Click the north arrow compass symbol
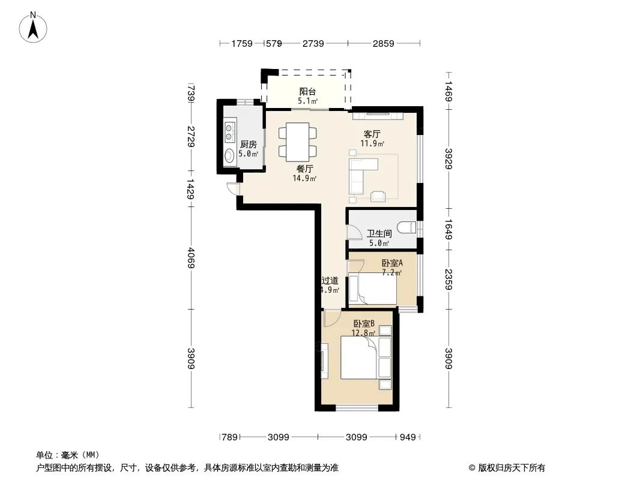pos(33,28)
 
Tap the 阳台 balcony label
pos(307,91)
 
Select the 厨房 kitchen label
pos(248,144)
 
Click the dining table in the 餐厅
pos(298,142)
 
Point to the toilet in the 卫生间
pos(406,227)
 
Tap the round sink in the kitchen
pos(229,155)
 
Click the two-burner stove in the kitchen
pos(230,131)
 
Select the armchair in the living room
pos(378,196)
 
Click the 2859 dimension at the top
pos(383,43)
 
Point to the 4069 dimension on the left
pos(191,258)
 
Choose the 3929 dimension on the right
pos(448,159)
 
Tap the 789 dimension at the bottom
pos(229,437)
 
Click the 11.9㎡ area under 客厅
pos(372,143)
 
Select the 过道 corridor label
pos(330,281)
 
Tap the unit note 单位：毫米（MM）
pos(68,455)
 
